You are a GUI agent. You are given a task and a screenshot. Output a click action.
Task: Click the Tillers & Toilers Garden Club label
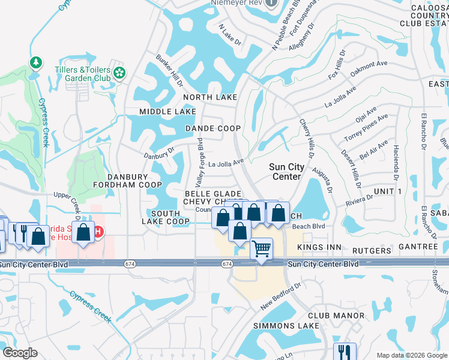(x=88, y=74)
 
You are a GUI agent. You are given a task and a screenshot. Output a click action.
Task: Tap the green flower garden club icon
(x=120, y=73)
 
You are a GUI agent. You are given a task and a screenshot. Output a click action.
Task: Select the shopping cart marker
(x=261, y=248)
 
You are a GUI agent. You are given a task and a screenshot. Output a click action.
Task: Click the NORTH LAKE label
(x=210, y=97)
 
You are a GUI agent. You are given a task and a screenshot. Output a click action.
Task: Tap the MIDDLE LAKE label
(x=167, y=112)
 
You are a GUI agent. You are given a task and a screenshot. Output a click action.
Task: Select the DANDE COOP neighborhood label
(x=212, y=128)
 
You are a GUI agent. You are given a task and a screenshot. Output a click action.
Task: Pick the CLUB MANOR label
(x=336, y=316)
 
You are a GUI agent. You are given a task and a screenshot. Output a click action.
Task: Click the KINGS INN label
(x=321, y=247)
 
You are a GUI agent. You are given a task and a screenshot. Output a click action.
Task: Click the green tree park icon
(x=36, y=62)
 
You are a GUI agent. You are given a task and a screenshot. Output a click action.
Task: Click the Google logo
(x=20, y=353)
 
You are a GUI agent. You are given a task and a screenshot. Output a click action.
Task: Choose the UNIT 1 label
(x=387, y=191)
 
